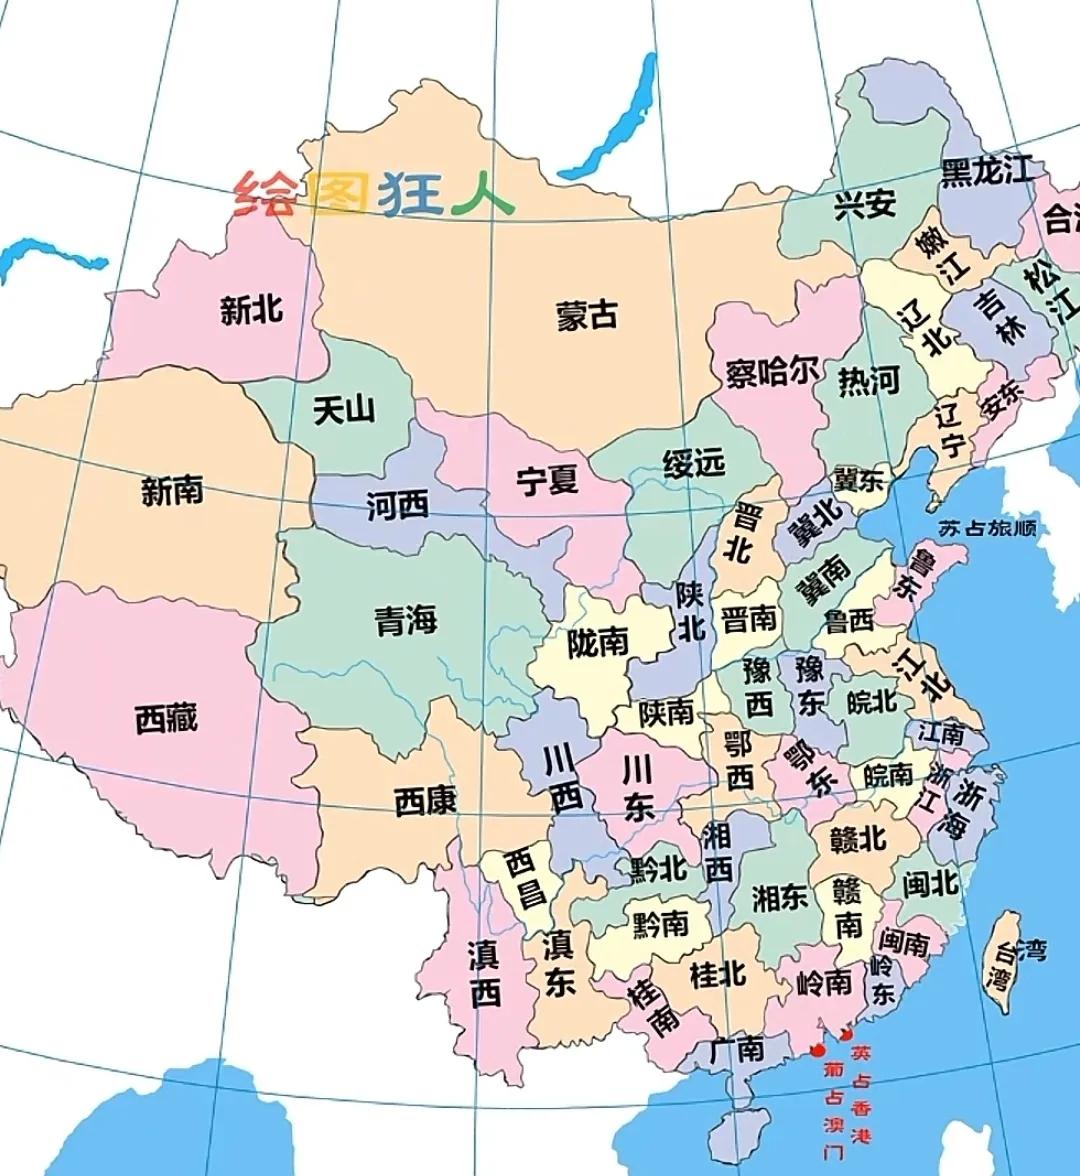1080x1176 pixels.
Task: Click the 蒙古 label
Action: pos(587,315)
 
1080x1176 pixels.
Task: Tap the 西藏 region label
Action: pos(167,718)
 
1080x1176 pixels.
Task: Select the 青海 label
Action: pos(406,620)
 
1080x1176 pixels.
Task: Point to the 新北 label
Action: pos(251,310)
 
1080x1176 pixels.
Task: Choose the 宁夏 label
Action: pos(547,480)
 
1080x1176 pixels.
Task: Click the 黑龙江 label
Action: pos(987,171)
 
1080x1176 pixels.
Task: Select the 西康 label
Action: pos(425,800)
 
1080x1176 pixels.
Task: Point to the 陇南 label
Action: pos(597,643)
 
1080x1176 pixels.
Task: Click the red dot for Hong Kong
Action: pos(848,1035)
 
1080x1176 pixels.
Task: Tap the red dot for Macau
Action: pos(818,1050)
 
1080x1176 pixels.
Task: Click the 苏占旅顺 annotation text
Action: pos(986,529)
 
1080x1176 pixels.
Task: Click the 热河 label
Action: pos(868,381)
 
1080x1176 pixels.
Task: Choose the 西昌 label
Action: pos(524,877)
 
